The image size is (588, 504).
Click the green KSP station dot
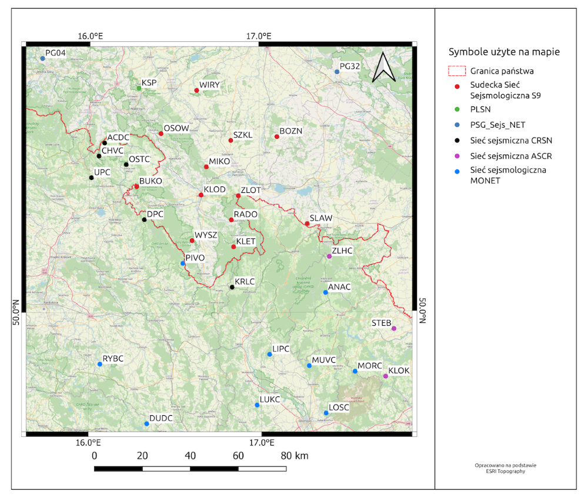(139, 88)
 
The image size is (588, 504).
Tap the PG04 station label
(55, 52)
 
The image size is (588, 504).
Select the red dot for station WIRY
(196, 91)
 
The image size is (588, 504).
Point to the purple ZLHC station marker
(329, 256)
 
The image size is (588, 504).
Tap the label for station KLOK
(399, 371)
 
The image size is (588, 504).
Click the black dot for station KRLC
(232, 287)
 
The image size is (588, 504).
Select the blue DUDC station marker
(146, 423)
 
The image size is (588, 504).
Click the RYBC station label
(113, 358)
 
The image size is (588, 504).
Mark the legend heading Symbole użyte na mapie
(504, 52)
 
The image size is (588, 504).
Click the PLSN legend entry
(480, 109)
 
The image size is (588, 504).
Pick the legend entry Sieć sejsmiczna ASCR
(511, 156)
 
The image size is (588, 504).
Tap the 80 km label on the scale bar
(294, 456)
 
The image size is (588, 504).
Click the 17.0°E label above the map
(258, 36)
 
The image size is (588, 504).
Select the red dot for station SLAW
(307, 223)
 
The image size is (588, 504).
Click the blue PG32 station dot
(337, 72)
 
